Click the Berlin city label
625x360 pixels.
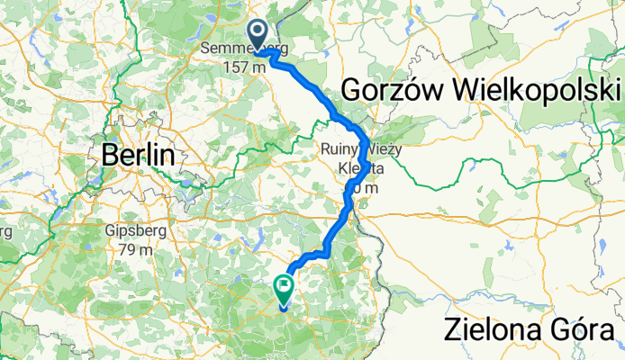click(x=138, y=155)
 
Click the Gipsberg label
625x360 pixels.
click(x=135, y=229)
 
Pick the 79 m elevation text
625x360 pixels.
click(x=135, y=247)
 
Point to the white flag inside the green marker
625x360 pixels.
click(x=285, y=288)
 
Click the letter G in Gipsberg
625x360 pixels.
click(x=111, y=229)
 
